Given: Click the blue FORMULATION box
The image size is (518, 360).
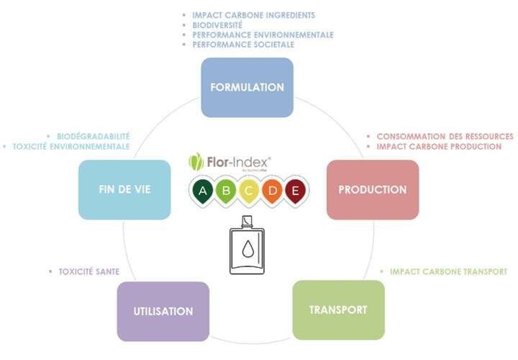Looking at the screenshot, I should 247,87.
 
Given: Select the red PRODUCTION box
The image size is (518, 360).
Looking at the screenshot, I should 373,189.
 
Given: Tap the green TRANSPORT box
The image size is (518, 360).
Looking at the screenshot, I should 338,310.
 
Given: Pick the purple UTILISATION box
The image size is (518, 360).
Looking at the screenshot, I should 163,311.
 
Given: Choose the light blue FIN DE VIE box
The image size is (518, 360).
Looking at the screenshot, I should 124,189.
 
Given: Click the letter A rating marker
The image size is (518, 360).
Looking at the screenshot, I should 202,190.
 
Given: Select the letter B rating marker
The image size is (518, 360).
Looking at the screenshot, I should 225,190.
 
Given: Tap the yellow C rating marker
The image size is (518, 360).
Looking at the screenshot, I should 248,190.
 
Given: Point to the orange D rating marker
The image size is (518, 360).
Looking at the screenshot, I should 271,190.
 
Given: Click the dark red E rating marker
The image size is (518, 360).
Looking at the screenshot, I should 294,190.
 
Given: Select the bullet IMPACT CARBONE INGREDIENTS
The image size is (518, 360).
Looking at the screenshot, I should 253,14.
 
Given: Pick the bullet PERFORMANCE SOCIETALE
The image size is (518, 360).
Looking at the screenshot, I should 243,45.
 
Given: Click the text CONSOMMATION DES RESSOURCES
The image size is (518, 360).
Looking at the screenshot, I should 445,136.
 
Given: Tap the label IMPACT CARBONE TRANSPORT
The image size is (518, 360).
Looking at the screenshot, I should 448,271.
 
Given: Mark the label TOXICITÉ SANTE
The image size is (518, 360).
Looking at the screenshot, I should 88,271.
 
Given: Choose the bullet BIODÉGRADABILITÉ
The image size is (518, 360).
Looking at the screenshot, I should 93,136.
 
